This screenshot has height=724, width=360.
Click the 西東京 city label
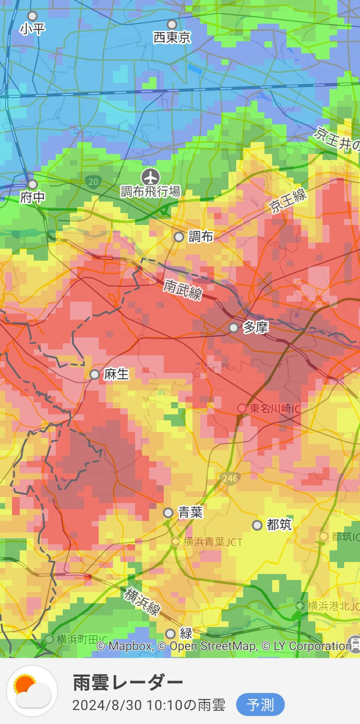172,38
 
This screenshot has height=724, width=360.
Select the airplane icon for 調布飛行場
150,177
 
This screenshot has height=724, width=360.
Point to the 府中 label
33,197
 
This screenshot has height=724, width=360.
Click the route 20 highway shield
93,181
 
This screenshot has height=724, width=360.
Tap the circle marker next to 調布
179,237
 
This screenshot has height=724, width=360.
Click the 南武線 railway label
183,289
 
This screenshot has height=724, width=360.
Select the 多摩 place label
256,327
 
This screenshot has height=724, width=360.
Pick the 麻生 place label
116,374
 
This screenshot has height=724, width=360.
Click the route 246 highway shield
230,479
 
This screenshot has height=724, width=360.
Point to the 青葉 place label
190,512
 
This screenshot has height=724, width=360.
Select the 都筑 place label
279,525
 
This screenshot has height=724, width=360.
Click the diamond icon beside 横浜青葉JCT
176,542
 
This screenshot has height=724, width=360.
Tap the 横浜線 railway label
142,602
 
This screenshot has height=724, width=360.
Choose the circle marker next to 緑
171,634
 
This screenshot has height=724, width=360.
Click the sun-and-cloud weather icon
32,691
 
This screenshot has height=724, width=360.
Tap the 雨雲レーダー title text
128,683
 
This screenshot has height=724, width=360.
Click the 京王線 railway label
288,201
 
